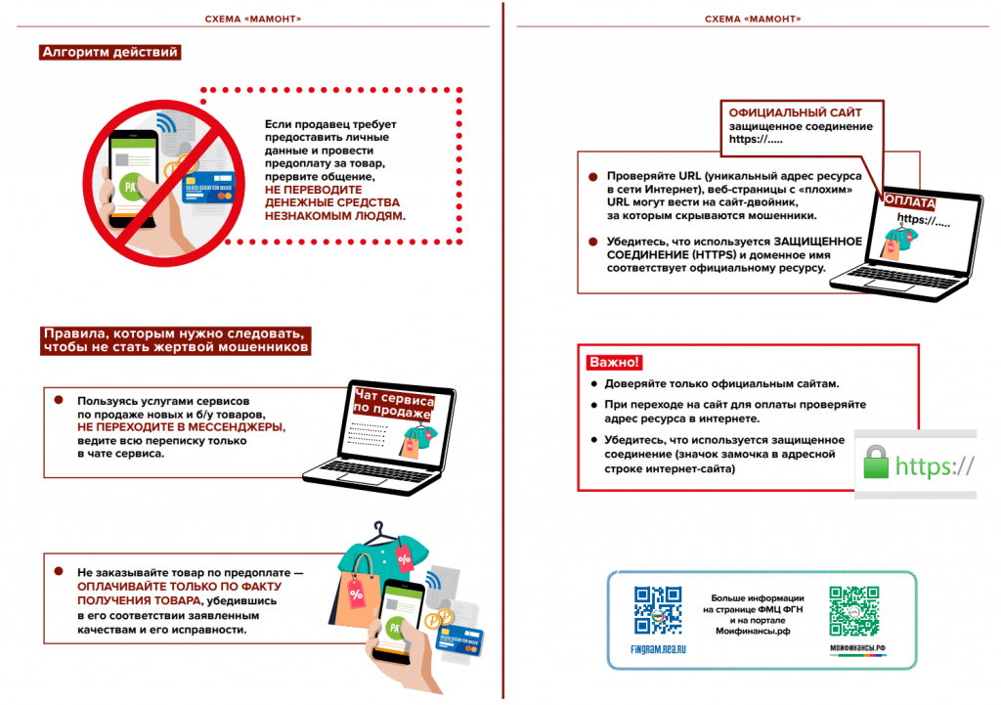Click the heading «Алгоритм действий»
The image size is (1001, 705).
tap(109, 53)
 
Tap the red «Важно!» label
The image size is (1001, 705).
tap(614, 362)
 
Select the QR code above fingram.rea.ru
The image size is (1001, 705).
tap(657, 611)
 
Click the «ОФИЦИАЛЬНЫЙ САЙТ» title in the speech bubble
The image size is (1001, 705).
tap(794, 112)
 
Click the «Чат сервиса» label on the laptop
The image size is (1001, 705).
tap(391, 397)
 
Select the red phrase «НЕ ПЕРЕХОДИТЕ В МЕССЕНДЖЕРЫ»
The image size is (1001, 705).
tap(182, 428)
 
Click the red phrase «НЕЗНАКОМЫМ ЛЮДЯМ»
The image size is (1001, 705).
tap(334, 214)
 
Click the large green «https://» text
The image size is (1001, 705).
tap(935, 464)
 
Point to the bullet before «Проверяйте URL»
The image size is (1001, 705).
tap(594, 176)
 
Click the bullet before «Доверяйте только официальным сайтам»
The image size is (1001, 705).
tap(592, 384)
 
